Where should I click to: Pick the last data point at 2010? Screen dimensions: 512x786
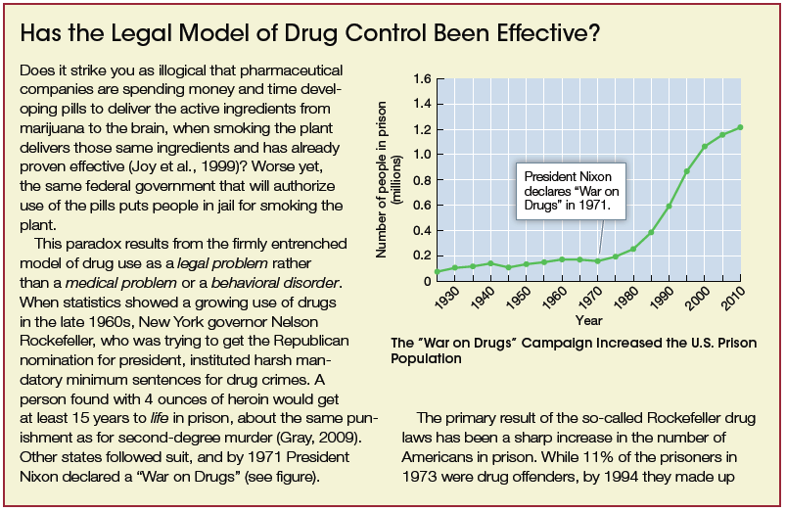740,127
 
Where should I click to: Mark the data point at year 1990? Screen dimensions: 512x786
670,206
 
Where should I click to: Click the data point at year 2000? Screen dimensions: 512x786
705,147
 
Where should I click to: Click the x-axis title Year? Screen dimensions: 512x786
588,320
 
